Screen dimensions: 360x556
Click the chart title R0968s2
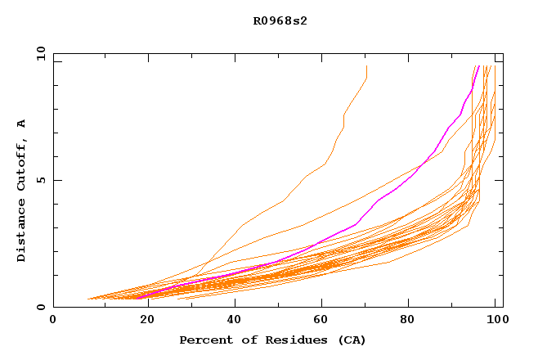click(278, 21)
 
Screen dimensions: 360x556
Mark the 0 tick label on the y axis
click(40, 308)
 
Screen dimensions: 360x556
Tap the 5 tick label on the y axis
click(40, 180)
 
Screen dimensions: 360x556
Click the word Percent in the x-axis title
click(202, 340)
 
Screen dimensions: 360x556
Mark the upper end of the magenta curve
click(477, 66)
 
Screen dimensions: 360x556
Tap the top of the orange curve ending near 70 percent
click(366, 66)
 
